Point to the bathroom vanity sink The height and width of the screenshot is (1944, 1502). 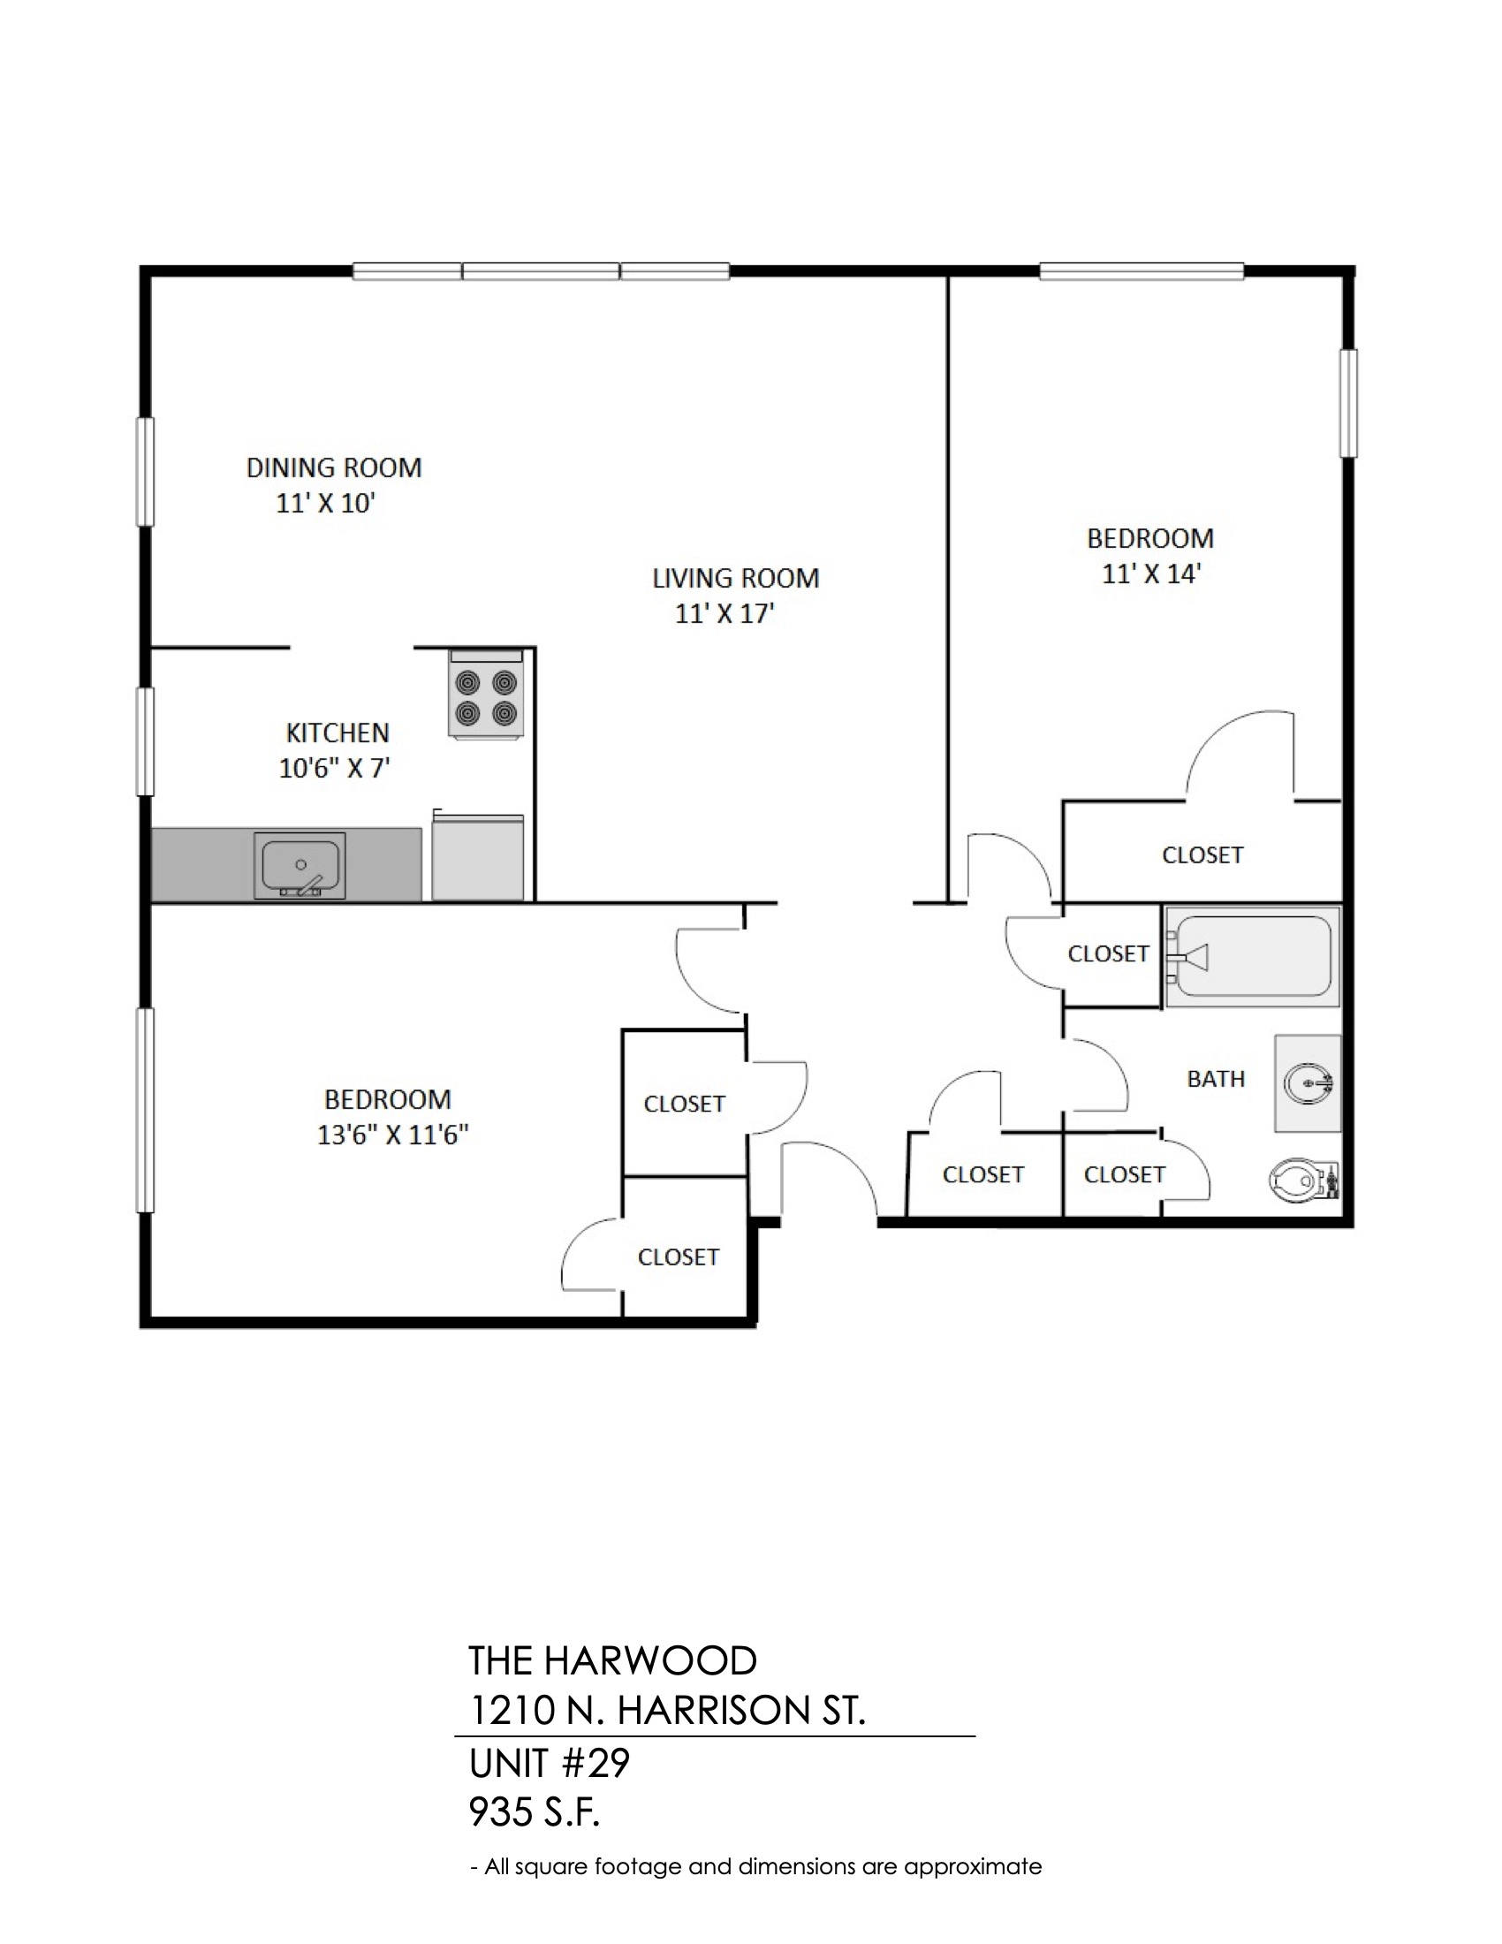tap(1308, 1083)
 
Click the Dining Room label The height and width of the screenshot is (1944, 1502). tap(334, 467)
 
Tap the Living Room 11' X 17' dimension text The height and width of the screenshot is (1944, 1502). tap(724, 613)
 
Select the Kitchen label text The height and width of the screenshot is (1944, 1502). tap(338, 733)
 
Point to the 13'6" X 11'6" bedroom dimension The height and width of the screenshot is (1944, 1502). tap(392, 1135)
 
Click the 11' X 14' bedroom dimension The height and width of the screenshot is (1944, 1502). tap(1151, 573)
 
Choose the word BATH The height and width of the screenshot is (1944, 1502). tap(1216, 1079)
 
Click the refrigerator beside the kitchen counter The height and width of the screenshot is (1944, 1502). tap(478, 855)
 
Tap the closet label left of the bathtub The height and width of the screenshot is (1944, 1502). tap(1109, 953)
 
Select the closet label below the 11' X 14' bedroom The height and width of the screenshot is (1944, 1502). tap(1202, 854)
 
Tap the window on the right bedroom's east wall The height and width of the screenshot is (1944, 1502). tap(1349, 403)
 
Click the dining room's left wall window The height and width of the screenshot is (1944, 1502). tap(144, 472)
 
